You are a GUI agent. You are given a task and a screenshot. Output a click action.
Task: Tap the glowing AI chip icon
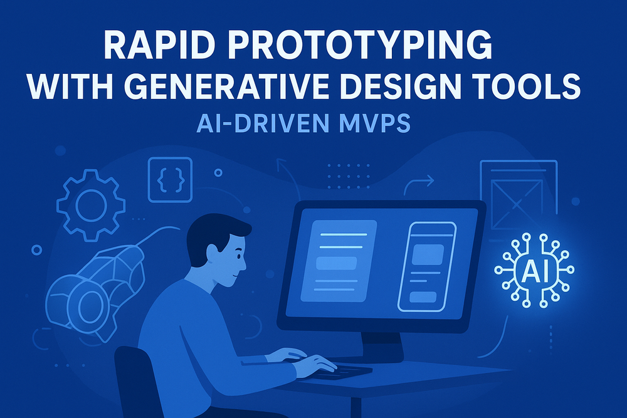pyautogui.click(x=534, y=270)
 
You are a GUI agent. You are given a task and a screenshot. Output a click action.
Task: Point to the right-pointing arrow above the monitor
pyautogui.click(x=418, y=182)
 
